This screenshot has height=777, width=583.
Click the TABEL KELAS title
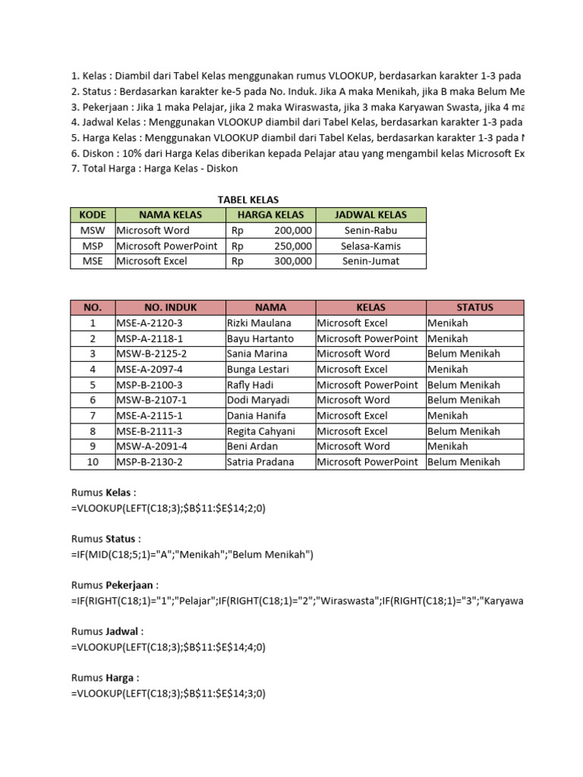(248, 200)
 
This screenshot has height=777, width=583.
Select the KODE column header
(93, 215)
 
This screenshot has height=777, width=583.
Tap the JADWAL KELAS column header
(370, 215)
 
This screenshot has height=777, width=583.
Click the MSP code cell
(93, 246)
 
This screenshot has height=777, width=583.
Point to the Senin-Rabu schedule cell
(370, 230)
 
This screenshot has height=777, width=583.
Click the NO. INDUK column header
(170, 307)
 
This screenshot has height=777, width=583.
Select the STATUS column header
(474, 307)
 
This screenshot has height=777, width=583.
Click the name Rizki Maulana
(258, 323)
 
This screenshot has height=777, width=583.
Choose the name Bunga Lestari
(258, 370)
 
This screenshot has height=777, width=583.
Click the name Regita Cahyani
(260, 431)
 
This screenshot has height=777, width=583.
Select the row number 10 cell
(93, 461)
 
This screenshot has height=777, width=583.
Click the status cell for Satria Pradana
(464, 461)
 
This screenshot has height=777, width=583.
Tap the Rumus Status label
(106, 539)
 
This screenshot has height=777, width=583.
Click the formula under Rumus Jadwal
(168, 647)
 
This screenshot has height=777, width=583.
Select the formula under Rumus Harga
(168, 694)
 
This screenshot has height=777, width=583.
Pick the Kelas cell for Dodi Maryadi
(353, 400)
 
